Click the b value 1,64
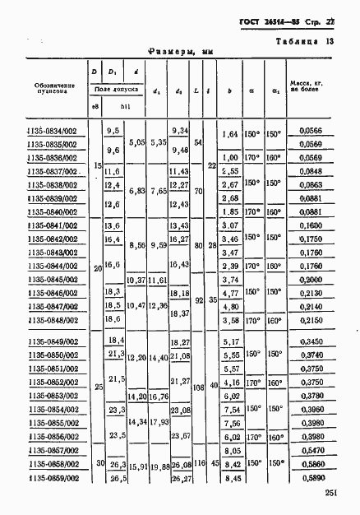click(x=231, y=134)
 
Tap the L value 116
click(x=198, y=465)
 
